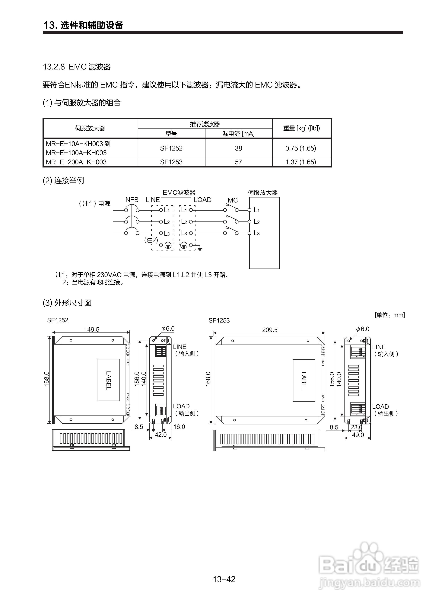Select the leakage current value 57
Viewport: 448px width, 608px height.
pyautogui.click(x=238, y=162)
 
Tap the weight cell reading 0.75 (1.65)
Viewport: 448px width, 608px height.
pyautogui.click(x=301, y=148)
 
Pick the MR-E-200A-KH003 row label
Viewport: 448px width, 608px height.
pyautogui.click(x=76, y=162)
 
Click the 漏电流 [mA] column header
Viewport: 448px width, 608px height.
pyautogui.click(x=238, y=133)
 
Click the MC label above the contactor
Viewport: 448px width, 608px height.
pyautogui.click(x=233, y=200)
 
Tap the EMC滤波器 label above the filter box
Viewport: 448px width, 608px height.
pyautogui.click(x=179, y=193)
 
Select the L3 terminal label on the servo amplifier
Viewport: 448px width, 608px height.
pyautogui.click(x=256, y=233)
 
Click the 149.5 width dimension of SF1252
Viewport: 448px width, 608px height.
pyautogui.click(x=92, y=329)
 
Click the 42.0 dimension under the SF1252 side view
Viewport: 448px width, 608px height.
pyautogui.click(x=160, y=435)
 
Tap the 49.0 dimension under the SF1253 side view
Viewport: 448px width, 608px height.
pyautogui.click(x=358, y=435)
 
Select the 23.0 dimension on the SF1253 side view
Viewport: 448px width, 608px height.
pyautogui.click(x=356, y=427)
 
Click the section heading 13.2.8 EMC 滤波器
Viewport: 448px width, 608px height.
pyautogui.click(x=77, y=67)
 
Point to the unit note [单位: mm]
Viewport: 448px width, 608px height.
pyautogui.click(x=390, y=315)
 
